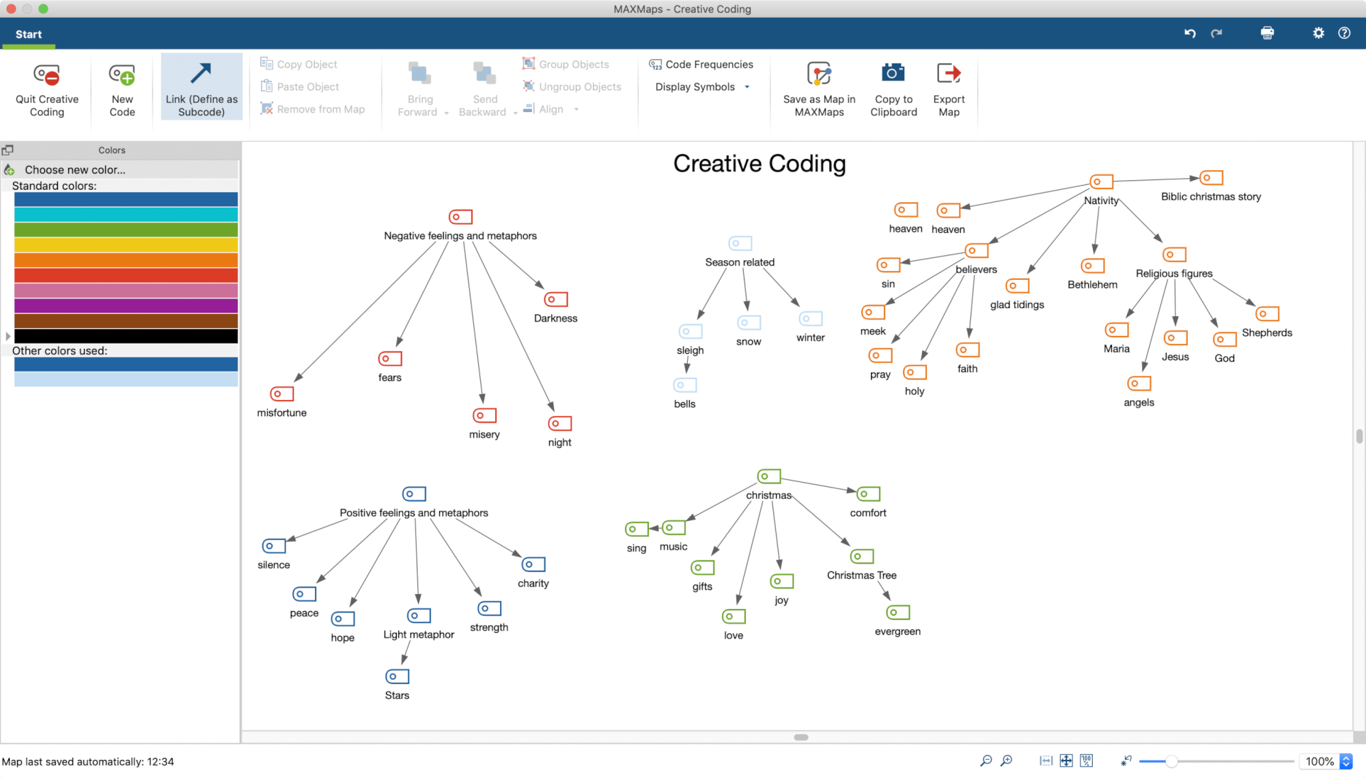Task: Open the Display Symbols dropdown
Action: [x=702, y=87]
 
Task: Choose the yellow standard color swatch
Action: [x=126, y=245]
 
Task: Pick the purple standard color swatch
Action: [x=126, y=306]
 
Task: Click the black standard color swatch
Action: [x=126, y=336]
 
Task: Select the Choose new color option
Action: [x=75, y=170]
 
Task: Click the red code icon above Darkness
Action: [x=556, y=299]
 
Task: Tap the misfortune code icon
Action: [x=282, y=394]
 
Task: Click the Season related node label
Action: [x=740, y=262]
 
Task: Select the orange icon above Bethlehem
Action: [x=1093, y=266]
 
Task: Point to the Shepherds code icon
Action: [x=1267, y=314]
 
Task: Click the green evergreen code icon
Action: [x=898, y=612]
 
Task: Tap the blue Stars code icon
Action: [x=398, y=676]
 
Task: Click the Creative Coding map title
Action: [x=759, y=164]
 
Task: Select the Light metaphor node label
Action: [x=419, y=634]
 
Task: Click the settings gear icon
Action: [x=1318, y=33]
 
